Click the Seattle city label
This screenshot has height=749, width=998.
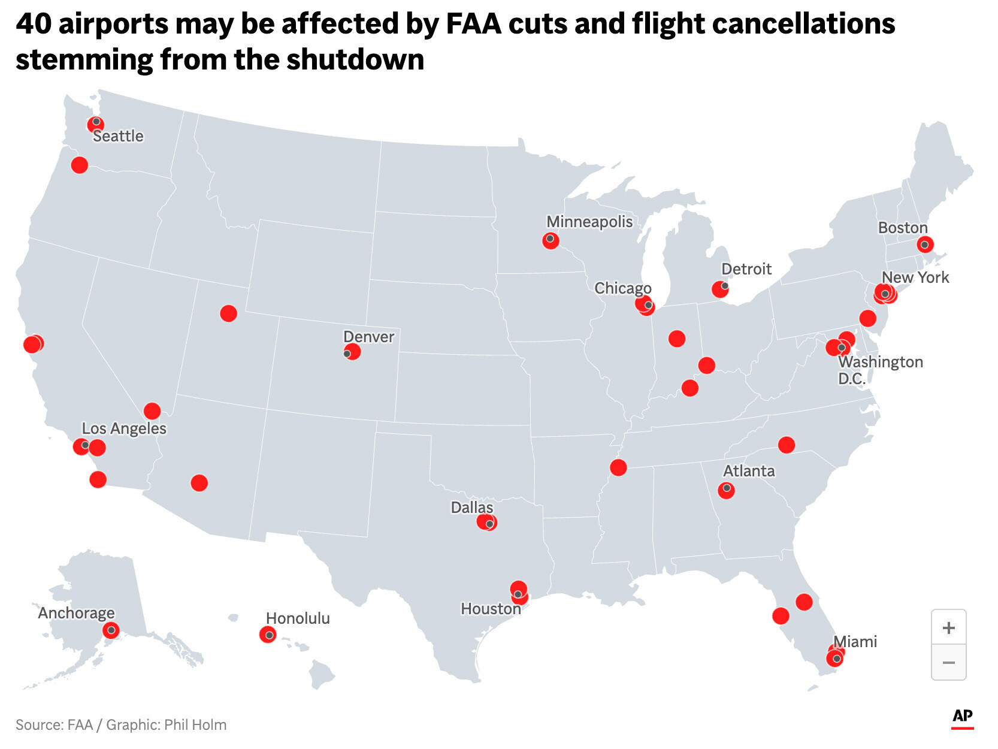pyautogui.click(x=118, y=136)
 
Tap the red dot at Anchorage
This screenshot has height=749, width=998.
pyautogui.click(x=110, y=630)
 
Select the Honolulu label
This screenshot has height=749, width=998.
pyautogui.click(x=298, y=618)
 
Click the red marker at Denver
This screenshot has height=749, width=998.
pyautogui.click(x=352, y=352)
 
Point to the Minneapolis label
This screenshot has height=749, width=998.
pyautogui.click(x=589, y=222)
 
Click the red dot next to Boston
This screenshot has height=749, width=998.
pyautogui.click(x=925, y=244)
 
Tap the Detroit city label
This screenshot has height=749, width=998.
pyautogui.click(x=746, y=269)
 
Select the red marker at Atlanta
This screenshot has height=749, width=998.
pyautogui.click(x=726, y=490)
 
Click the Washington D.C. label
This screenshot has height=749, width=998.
pyautogui.click(x=879, y=370)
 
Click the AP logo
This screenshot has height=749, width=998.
pyautogui.click(x=962, y=717)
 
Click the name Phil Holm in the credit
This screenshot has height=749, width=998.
pyautogui.click(x=195, y=725)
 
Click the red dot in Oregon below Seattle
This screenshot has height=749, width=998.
pyautogui.click(x=79, y=165)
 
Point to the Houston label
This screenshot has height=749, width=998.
pyautogui.click(x=491, y=609)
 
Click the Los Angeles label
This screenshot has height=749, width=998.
pyautogui.click(x=124, y=428)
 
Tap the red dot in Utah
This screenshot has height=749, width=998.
pyautogui.click(x=228, y=313)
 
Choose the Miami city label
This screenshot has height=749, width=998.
pyautogui.click(x=855, y=642)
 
